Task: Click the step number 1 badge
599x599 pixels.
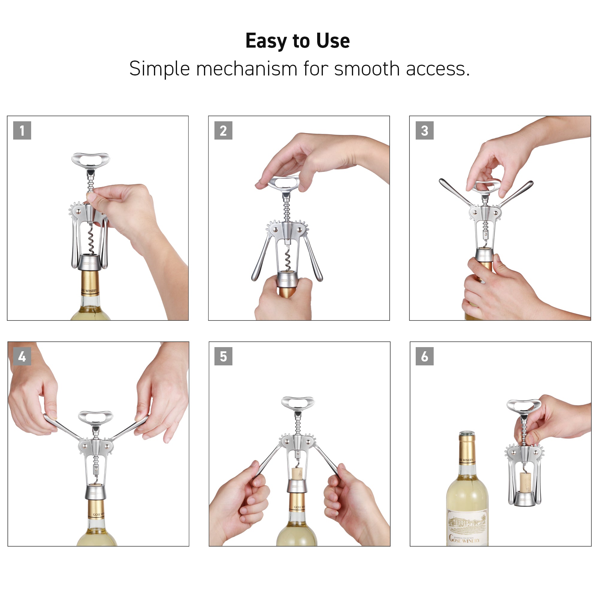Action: [x=22, y=131]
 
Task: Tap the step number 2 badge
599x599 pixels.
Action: [x=223, y=131]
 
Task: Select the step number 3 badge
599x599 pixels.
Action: [x=424, y=131]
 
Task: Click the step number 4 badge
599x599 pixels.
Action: [x=22, y=356]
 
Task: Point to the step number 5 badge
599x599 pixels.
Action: [x=223, y=356]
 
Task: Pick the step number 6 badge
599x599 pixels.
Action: [x=424, y=356]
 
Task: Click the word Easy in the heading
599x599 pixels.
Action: [x=266, y=41]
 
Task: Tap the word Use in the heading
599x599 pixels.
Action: [x=333, y=41]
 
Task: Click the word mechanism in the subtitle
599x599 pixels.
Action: [x=246, y=69]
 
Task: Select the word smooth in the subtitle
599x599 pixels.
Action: [x=367, y=69]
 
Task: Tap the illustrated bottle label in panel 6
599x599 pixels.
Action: [x=467, y=527]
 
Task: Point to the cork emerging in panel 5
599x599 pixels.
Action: [x=297, y=473]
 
